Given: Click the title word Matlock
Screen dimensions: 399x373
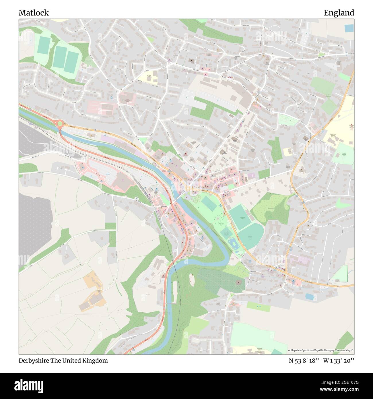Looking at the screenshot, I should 34,13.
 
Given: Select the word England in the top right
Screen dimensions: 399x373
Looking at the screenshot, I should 339,13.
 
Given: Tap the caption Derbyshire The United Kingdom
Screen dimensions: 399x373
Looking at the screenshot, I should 63,361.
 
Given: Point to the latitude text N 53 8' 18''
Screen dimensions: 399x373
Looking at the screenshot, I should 304,361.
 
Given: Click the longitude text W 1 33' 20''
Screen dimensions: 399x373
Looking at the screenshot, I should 339,361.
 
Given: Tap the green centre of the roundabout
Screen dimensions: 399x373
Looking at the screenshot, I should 60,124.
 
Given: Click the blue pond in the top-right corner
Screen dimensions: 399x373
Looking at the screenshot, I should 349,28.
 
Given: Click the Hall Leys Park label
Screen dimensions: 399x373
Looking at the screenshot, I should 221,224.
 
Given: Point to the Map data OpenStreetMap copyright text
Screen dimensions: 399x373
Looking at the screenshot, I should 321,350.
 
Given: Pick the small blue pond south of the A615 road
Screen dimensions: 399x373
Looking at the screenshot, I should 310,296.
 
